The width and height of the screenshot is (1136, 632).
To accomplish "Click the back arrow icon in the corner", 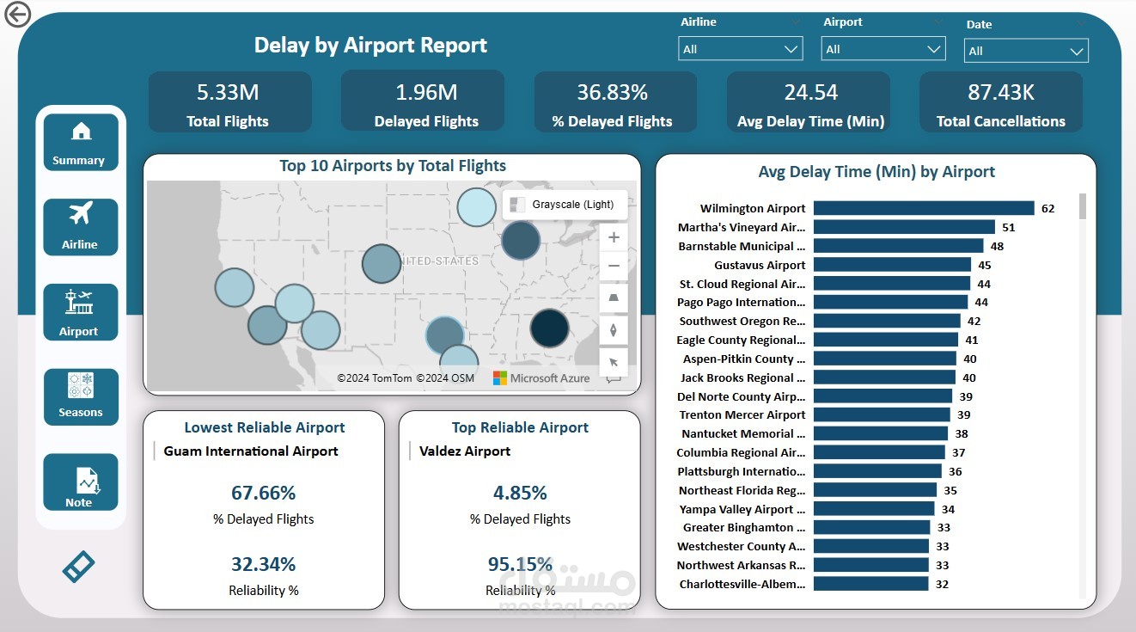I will point(17,14).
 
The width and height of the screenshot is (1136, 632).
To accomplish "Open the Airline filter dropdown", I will point(740,49).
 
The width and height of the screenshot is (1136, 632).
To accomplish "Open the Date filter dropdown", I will point(1025,51).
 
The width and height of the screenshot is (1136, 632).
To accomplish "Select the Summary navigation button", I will point(80,143).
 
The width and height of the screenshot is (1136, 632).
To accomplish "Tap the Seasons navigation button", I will point(80,396).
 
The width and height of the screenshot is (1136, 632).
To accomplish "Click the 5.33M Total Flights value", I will point(228,93).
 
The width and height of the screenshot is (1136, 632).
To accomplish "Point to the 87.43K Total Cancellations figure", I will point(1000,93).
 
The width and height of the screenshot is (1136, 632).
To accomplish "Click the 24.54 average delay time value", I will point(809,93).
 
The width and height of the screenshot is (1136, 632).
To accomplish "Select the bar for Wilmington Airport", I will point(923,208).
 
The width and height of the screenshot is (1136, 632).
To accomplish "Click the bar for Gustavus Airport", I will point(891,265).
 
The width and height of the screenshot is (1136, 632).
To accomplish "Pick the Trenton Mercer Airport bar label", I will point(742,414).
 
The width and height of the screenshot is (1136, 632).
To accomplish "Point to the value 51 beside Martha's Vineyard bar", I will point(1008,227).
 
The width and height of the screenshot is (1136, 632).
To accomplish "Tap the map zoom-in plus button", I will point(614,237).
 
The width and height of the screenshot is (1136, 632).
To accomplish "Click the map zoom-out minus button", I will point(614,267).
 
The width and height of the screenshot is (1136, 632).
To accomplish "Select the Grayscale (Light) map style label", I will point(572,205).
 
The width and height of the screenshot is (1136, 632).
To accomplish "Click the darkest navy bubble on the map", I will point(549,328).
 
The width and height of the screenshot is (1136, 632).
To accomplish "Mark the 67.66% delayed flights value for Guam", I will point(263,493).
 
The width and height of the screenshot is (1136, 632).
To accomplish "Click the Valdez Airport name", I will point(465,451).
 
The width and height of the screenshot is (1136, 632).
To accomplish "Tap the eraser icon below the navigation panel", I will point(78,566).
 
